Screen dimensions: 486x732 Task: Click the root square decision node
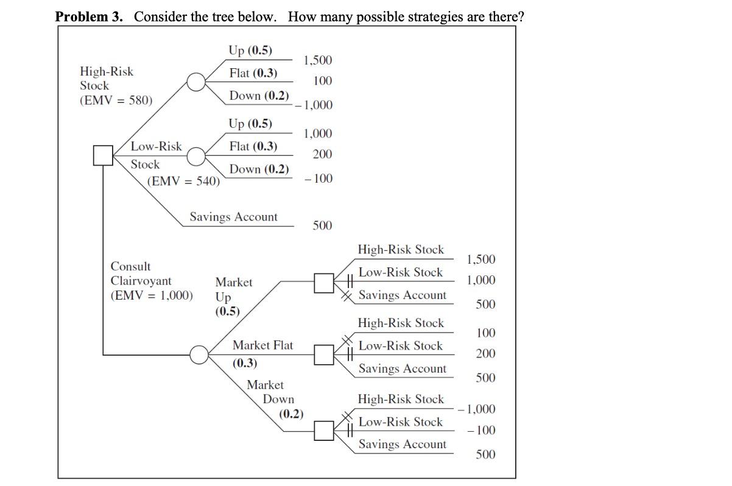coord(103,156)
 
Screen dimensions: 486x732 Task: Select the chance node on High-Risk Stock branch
coord(195,82)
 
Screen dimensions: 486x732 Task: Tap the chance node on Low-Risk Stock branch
coord(195,157)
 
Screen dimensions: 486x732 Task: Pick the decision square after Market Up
coord(324,282)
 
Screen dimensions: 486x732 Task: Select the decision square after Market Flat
coord(324,354)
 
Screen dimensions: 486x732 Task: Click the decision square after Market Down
coord(324,431)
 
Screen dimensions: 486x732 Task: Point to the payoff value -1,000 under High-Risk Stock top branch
coord(314,105)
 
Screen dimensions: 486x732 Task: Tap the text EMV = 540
coord(184,181)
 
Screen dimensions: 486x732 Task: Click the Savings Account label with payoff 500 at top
coord(233,217)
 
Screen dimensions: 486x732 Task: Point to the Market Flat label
coord(262,345)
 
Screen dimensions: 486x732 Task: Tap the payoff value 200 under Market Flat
coord(485,354)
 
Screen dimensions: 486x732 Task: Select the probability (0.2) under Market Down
coord(291,414)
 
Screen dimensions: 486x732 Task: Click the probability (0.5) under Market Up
coord(228,311)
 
